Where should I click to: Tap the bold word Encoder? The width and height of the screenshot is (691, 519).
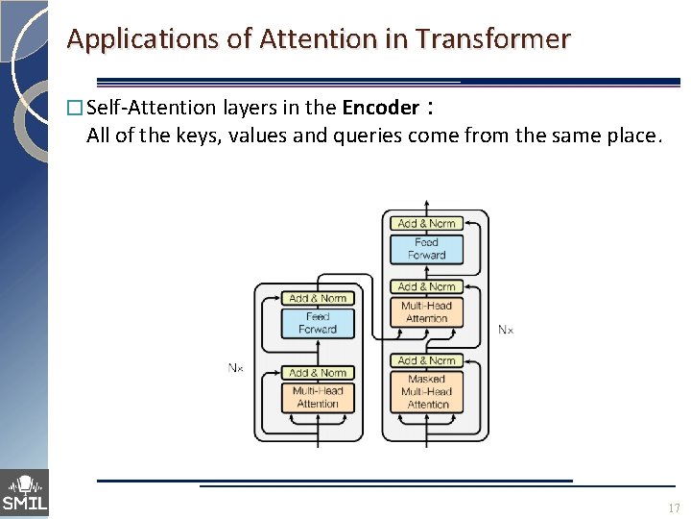380,108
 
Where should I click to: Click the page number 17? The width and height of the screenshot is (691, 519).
673,507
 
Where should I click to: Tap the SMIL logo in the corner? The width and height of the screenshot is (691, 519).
24,493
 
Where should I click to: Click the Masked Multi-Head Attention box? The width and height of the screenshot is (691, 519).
427,391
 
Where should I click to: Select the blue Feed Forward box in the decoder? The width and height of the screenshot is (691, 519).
427,249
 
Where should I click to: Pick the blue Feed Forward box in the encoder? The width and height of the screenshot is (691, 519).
318,323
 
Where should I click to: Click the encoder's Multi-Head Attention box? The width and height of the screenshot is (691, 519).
318,397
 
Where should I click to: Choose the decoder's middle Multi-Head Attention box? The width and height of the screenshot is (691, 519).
427,312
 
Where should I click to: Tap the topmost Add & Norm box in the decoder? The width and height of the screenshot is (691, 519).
427,224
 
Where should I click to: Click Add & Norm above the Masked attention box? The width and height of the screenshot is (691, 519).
427,360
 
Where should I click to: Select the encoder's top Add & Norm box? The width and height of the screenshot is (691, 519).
318,298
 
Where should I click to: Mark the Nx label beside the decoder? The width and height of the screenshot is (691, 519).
506,330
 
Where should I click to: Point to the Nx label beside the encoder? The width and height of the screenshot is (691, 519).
236,367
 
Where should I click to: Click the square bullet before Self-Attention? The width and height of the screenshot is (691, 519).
76,109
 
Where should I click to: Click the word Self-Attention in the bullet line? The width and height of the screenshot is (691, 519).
139,108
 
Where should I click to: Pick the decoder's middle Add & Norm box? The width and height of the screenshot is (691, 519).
427,286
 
